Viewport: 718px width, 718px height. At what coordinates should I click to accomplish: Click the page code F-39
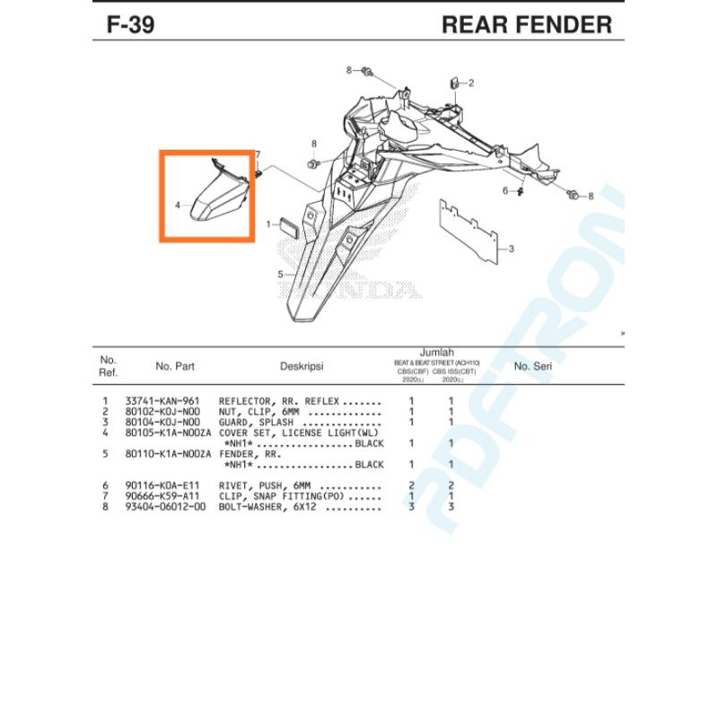point(130,24)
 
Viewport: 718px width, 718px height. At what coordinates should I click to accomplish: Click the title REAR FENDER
point(527,24)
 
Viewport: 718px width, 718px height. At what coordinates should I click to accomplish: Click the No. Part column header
point(175,366)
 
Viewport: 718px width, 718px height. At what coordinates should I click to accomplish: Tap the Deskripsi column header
point(302,366)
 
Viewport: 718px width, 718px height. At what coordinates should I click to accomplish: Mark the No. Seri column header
point(532,366)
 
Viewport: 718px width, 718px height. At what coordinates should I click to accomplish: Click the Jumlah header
point(437,353)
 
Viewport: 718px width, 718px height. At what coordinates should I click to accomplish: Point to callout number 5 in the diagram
point(280,274)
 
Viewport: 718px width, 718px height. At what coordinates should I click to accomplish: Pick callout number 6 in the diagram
point(505,190)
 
